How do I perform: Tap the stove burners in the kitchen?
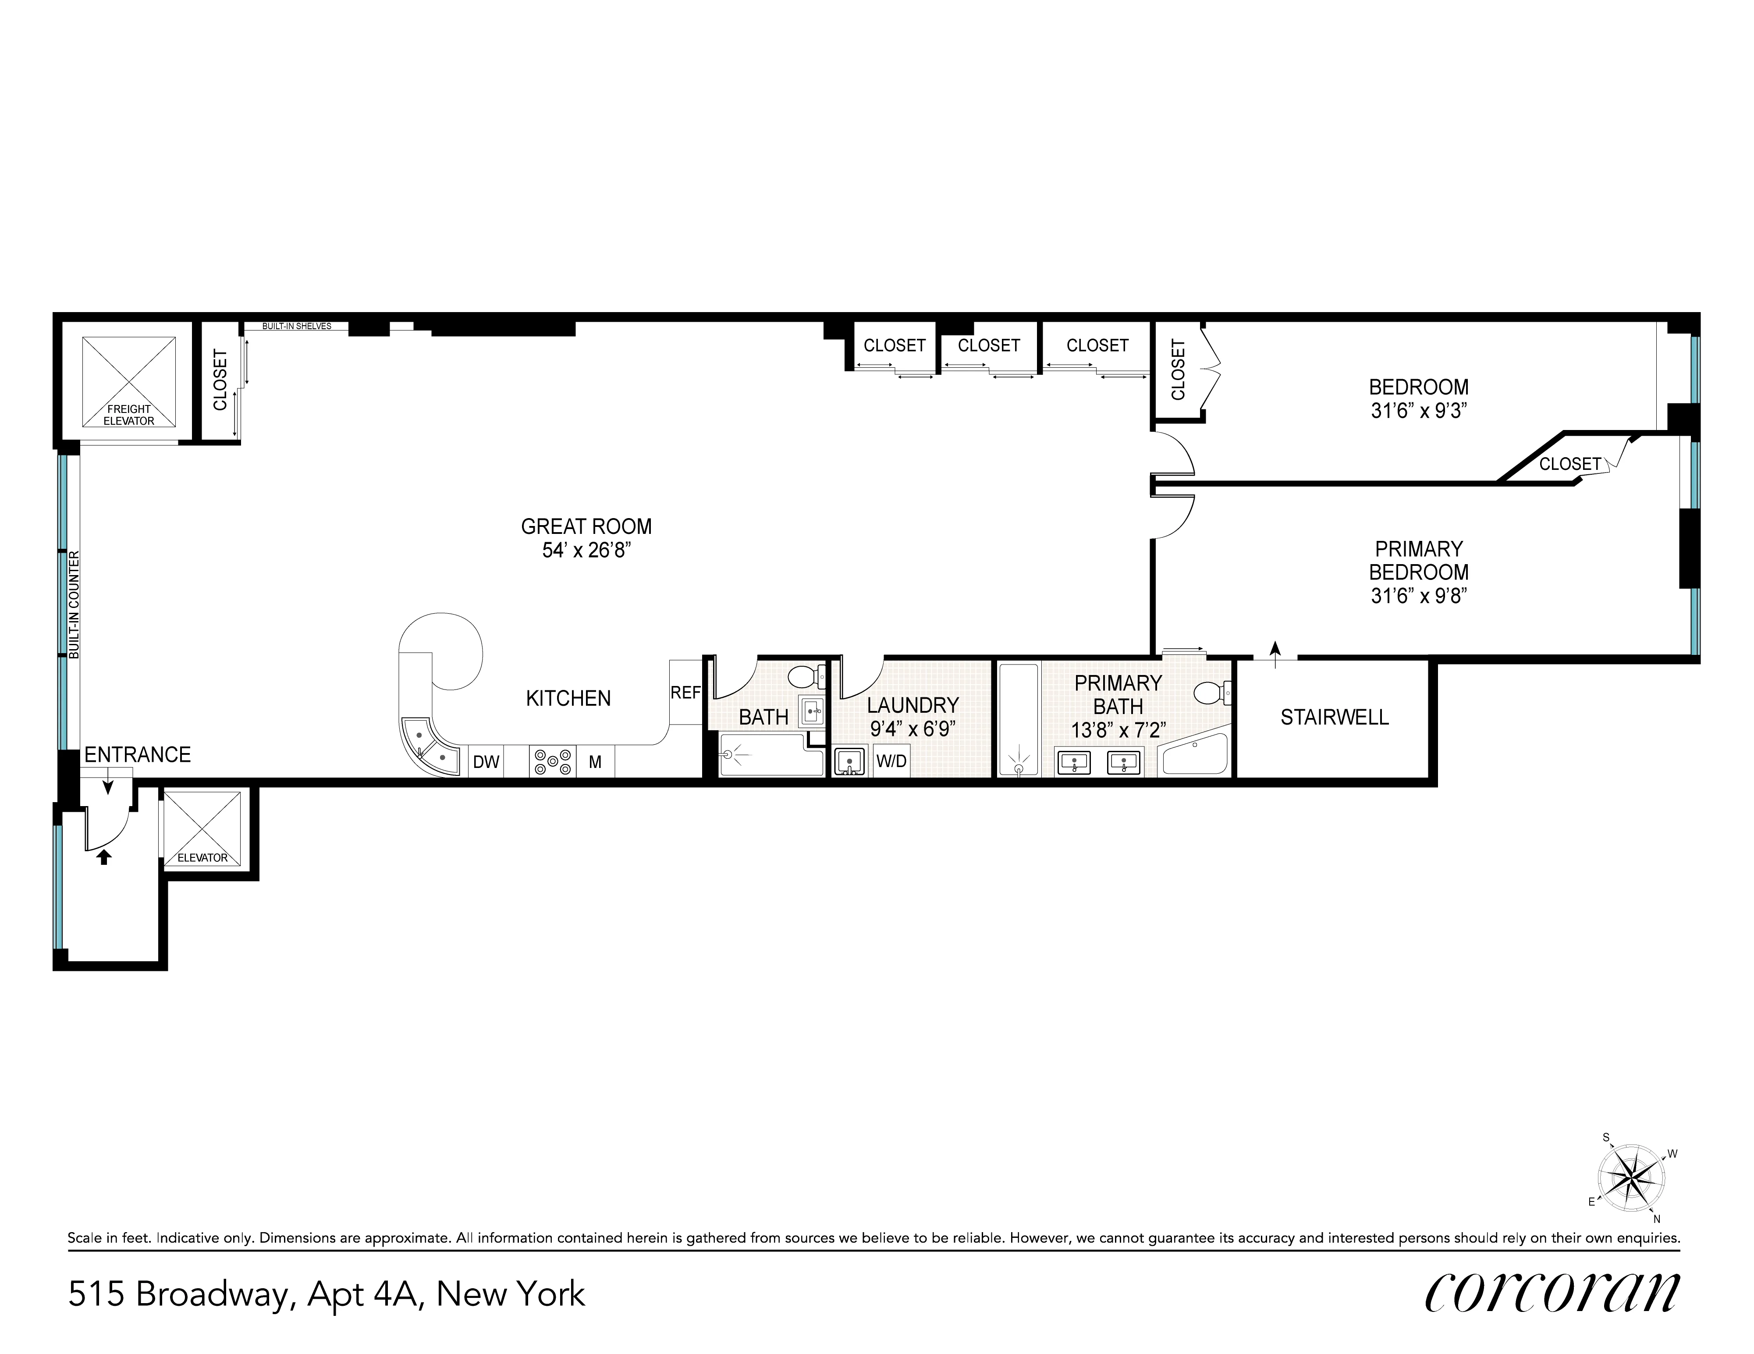(553, 761)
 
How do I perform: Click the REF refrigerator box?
(685, 692)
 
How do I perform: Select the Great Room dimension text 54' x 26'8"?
(586, 551)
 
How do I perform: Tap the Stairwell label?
(1334, 717)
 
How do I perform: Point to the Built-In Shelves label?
(296, 326)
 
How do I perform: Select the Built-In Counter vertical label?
(74, 605)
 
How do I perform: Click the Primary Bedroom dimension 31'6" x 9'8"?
(1418, 596)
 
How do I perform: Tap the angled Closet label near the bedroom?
(1569, 464)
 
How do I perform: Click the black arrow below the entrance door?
(103, 858)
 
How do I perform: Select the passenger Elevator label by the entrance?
(202, 858)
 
